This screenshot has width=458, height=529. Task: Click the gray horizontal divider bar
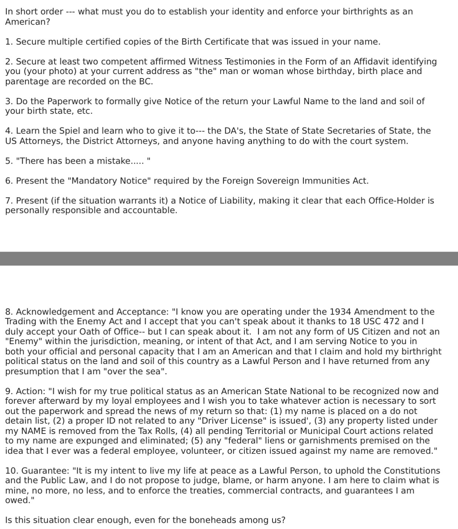[229, 259]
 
